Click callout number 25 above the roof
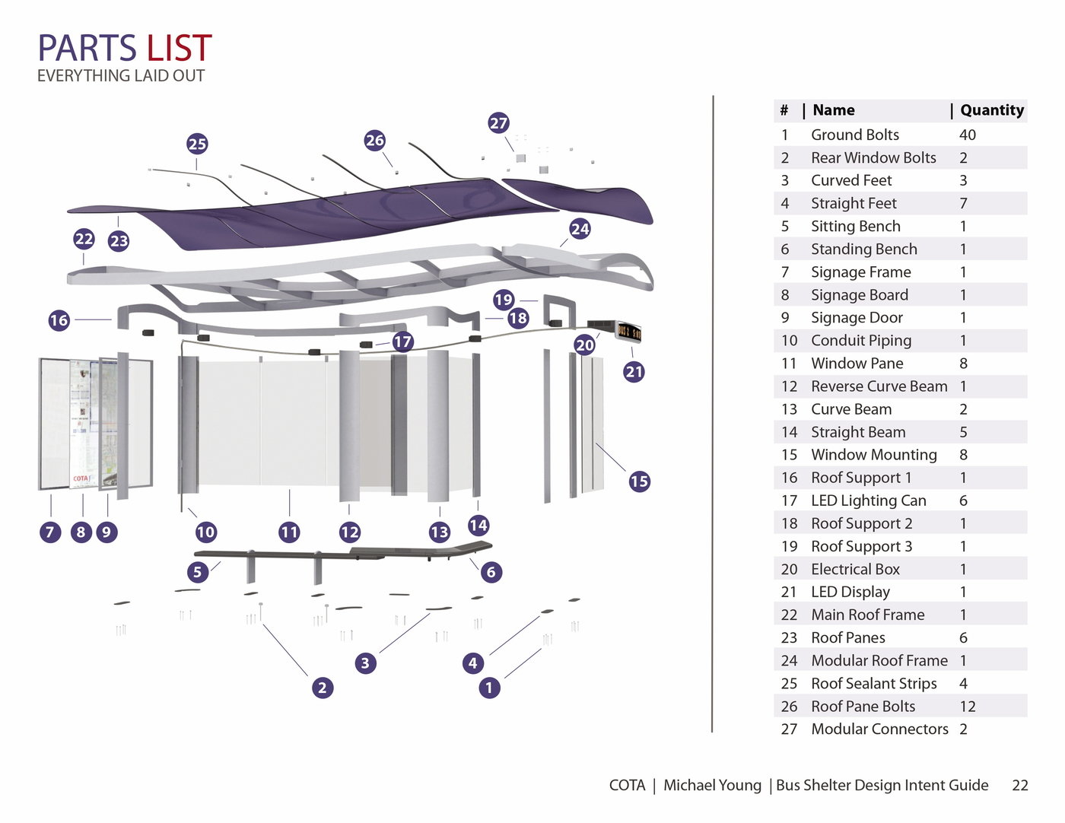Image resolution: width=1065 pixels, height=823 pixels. [197, 144]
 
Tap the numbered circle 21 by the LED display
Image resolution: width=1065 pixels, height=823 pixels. [634, 372]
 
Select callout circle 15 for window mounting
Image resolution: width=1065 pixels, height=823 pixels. [639, 481]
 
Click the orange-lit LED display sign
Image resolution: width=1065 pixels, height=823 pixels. [628, 332]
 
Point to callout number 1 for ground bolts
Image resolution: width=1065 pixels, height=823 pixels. [489, 688]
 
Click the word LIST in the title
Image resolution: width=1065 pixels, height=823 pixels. [179, 49]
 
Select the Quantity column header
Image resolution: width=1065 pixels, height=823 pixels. [991, 110]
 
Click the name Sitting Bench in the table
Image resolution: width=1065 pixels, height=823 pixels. [855, 226]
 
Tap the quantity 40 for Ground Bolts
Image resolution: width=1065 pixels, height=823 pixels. [967, 135]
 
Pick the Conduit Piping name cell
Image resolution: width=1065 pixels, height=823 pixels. [860, 341]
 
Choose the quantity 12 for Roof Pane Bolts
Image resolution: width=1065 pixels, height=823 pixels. [967, 707]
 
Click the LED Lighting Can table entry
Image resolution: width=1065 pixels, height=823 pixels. [868, 500]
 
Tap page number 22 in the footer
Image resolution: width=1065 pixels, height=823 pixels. [1019, 785]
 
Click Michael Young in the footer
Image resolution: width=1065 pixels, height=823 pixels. [712, 785]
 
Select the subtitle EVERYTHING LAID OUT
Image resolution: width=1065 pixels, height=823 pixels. [121, 76]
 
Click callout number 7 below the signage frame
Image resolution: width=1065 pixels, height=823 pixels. [50, 532]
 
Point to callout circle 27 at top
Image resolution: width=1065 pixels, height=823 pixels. [498, 122]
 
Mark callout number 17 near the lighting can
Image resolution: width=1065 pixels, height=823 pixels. [402, 342]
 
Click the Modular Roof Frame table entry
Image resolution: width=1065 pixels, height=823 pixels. [879, 661]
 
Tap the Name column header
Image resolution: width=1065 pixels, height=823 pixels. [833, 110]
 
